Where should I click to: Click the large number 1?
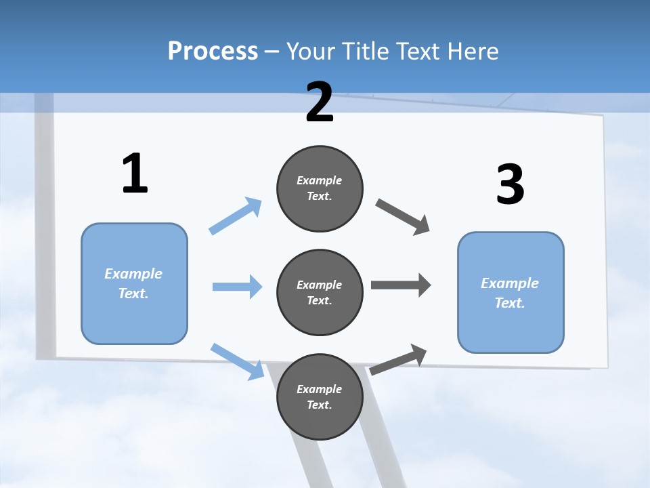[x=135, y=174]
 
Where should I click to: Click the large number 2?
[x=320, y=102]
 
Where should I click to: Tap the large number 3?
[x=510, y=184]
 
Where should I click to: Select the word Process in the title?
[x=213, y=51]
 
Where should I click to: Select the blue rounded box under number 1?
[x=134, y=283]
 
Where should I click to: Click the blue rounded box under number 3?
[x=511, y=293]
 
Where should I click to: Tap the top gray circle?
[x=320, y=188]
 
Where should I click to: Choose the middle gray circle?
[x=320, y=293]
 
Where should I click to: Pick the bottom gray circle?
[x=320, y=397]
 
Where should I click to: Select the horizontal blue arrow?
[x=237, y=287]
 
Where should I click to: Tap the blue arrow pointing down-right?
[x=238, y=361]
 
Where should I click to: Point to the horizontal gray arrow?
[x=400, y=285]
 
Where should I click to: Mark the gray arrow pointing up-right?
[x=398, y=359]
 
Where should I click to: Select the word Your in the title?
[x=311, y=51]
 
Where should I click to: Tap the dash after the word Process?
[x=272, y=52]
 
